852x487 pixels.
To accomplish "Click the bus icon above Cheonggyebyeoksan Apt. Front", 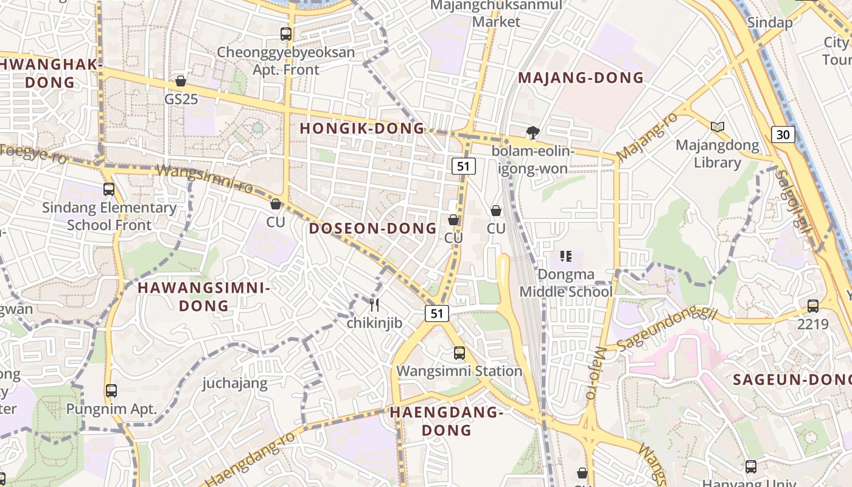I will pos(286,34).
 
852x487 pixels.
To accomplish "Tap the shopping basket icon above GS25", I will pos(181,80).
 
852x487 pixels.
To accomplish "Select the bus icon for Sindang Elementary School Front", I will pos(109,189).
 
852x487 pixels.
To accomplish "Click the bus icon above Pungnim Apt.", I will pos(111,391).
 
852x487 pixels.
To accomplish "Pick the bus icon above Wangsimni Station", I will pos(459,353).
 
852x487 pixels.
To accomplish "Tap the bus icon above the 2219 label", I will pos(813,306).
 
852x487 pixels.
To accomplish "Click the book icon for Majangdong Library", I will pos(718,127).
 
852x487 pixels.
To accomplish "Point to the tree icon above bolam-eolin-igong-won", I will pos(533,133).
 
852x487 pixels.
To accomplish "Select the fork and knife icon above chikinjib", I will pos(374,305).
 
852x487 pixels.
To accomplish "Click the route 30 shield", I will pos(783,134).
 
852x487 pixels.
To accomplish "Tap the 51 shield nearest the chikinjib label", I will pos(436,314).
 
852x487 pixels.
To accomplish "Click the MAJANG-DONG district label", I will pos(581,78).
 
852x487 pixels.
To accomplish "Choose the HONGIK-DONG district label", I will pos(362,128).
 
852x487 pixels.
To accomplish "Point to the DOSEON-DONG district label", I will pos(372,229).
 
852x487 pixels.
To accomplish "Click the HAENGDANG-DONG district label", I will pos(447,421).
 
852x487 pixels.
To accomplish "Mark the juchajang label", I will pos(235,383).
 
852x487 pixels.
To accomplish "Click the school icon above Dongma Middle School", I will pos(566,256).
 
